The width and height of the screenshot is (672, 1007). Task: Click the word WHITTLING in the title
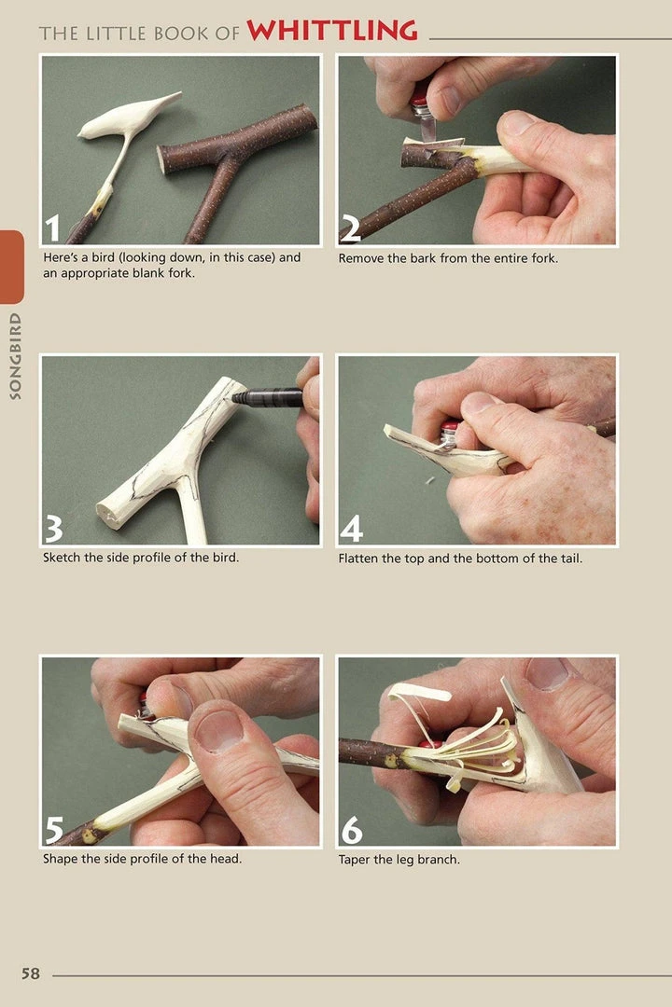tap(331, 31)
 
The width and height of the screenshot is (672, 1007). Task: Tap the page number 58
tap(31, 973)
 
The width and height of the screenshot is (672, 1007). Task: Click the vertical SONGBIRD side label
tap(14, 357)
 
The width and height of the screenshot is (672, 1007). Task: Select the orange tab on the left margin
tap(11, 267)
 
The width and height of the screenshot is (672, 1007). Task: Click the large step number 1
tap(54, 228)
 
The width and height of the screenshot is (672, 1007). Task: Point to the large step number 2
tap(351, 228)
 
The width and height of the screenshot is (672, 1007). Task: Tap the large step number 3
tap(54, 528)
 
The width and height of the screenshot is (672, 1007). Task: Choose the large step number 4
tap(351, 528)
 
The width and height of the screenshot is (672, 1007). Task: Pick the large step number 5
tap(54, 829)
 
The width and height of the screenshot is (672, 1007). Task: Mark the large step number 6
tap(351, 829)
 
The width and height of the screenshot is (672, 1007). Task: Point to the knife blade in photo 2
tap(427, 124)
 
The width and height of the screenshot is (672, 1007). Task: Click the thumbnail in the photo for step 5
tap(219, 730)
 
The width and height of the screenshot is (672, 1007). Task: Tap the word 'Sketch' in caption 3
tap(63, 559)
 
